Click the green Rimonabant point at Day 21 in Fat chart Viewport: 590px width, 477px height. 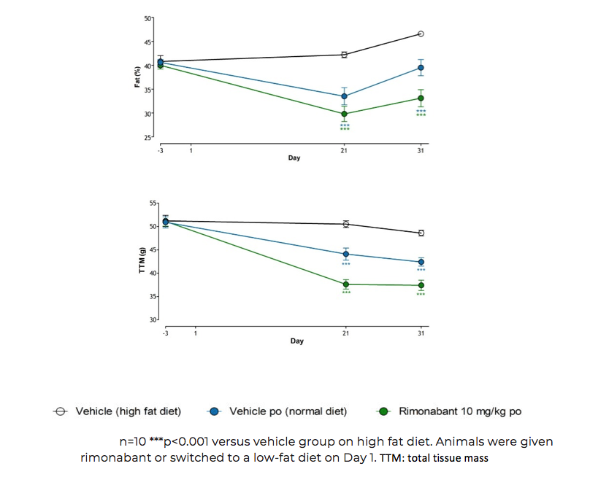(345, 114)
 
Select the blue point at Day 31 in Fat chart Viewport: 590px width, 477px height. (421, 68)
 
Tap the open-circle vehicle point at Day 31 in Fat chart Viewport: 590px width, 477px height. (421, 34)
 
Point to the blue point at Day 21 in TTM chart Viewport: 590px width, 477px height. (346, 254)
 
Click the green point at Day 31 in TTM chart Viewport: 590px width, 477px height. (421, 285)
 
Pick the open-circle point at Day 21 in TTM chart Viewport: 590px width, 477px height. (346, 224)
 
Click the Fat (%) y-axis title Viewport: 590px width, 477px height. (137, 77)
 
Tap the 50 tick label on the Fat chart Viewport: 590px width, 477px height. (148, 18)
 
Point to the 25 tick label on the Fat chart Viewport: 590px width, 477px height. (148, 138)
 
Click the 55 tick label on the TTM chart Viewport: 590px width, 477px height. (153, 203)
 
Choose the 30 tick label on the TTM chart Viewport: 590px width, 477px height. (153, 320)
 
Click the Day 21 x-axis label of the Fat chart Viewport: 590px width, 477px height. (345, 151)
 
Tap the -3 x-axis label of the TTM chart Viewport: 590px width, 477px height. (165, 333)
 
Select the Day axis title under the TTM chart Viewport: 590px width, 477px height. (296, 341)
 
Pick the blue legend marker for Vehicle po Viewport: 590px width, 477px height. (214, 411)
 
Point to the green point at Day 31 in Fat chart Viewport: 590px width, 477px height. (421, 98)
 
